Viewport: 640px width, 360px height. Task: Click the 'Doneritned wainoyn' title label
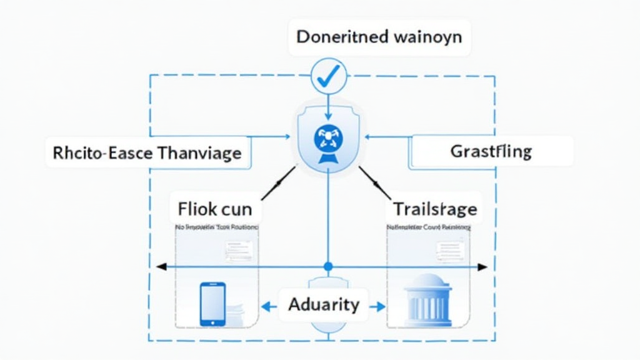[x=379, y=37]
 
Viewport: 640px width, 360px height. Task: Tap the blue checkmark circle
[x=328, y=76]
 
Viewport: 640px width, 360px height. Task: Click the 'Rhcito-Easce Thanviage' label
[x=147, y=152]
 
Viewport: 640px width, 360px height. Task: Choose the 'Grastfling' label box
[x=491, y=151]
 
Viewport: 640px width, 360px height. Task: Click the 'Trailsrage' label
[x=434, y=208]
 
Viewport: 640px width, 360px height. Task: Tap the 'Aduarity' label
[x=324, y=304]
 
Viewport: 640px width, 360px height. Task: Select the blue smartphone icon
[x=212, y=304]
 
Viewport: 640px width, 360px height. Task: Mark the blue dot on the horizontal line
[x=328, y=267]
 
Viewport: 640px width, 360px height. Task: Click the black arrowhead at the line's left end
[x=161, y=267]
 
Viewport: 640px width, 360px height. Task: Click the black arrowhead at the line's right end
[x=482, y=267]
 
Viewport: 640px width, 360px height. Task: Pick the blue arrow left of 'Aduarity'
[x=269, y=306]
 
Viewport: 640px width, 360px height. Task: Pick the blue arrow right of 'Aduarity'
[x=377, y=306]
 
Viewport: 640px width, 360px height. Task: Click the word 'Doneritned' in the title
[x=341, y=37]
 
